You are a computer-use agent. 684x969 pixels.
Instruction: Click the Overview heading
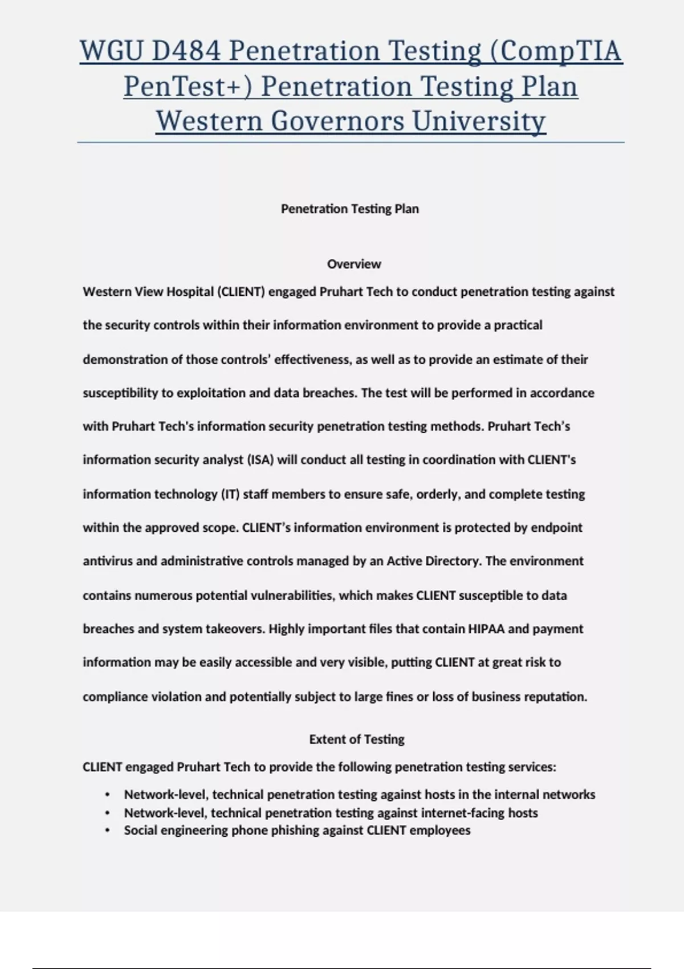click(x=354, y=264)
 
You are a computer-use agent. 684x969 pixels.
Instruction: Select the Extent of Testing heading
click(x=357, y=739)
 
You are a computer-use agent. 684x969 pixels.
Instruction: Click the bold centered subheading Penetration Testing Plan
click(x=350, y=209)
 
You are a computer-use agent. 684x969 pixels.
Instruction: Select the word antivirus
click(x=108, y=561)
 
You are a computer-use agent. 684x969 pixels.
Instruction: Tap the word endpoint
click(x=556, y=528)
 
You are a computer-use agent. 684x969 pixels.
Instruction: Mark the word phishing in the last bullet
click(x=295, y=830)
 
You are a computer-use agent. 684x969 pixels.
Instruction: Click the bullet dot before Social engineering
click(x=107, y=830)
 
